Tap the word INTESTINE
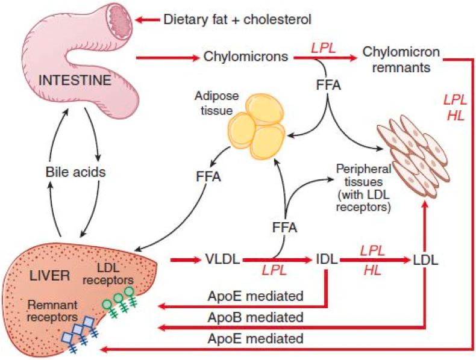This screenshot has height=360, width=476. pyautogui.click(x=74, y=79)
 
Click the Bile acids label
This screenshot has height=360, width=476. pyautogui.click(x=76, y=172)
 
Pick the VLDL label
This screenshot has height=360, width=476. pyautogui.click(x=224, y=260)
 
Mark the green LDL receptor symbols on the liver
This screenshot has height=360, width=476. pyautogui.click(x=117, y=299)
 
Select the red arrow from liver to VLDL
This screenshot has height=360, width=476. pyautogui.click(x=185, y=260)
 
